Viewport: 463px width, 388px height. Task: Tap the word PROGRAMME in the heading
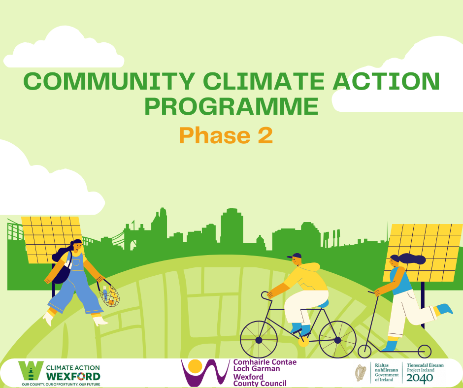pyautogui.click(x=231, y=106)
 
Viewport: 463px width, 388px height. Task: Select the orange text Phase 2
pyautogui.click(x=226, y=135)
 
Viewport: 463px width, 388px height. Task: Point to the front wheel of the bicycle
pyautogui.click(x=259, y=340)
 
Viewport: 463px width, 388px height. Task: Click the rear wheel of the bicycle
pyautogui.click(x=337, y=340)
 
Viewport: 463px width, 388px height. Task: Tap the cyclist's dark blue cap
pyautogui.click(x=294, y=256)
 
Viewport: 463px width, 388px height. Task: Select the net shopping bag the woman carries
pyautogui.click(x=109, y=294)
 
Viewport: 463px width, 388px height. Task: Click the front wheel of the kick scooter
pyautogui.click(x=364, y=352)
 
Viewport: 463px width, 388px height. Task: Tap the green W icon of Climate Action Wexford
pyautogui.click(x=30, y=372)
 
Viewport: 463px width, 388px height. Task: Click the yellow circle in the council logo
pyautogui.click(x=196, y=366)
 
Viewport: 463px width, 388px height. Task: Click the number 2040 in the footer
pyautogui.click(x=420, y=378)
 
